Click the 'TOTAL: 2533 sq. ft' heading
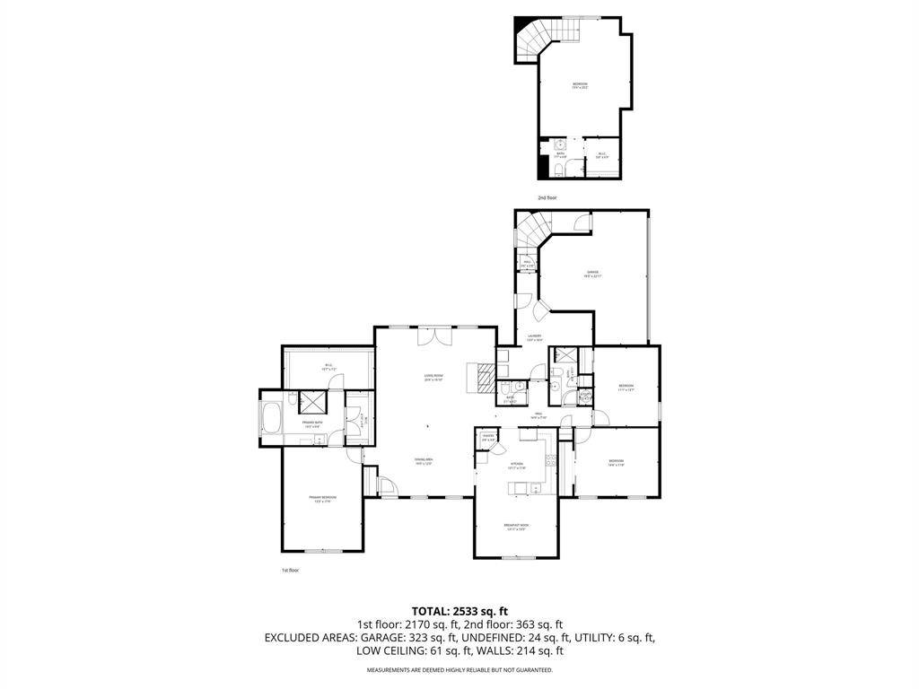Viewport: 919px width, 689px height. pyautogui.click(x=459, y=611)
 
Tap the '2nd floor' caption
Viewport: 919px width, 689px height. pyautogui.click(x=547, y=197)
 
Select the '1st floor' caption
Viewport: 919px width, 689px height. pyautogui.click(x=289, y=570)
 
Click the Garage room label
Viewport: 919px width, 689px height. pyautogui.click(x=593, y=274)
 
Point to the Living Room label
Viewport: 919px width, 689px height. pyautogui.click(x=434, y=377)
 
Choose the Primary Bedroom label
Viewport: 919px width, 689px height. pyautogui.click(x=322, y=499)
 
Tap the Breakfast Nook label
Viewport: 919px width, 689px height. pyautogui.click(x=516, y=528)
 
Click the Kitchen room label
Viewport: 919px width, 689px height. pyautogui.click(x=516, y=466)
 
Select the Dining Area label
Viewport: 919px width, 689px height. pyautogui.click(x=424, y=462)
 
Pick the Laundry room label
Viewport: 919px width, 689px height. pyautogui.click(x=535, y=338)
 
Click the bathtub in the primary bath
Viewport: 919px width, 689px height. pyautogui.click(x=272, y=420)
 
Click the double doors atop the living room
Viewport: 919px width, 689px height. pyautogui.click(x=433, y=336)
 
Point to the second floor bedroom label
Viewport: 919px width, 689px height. pyautogui.click(x=581, y=86)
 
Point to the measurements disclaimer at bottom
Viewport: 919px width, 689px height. pyautogui.click(x=459, y=670)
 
